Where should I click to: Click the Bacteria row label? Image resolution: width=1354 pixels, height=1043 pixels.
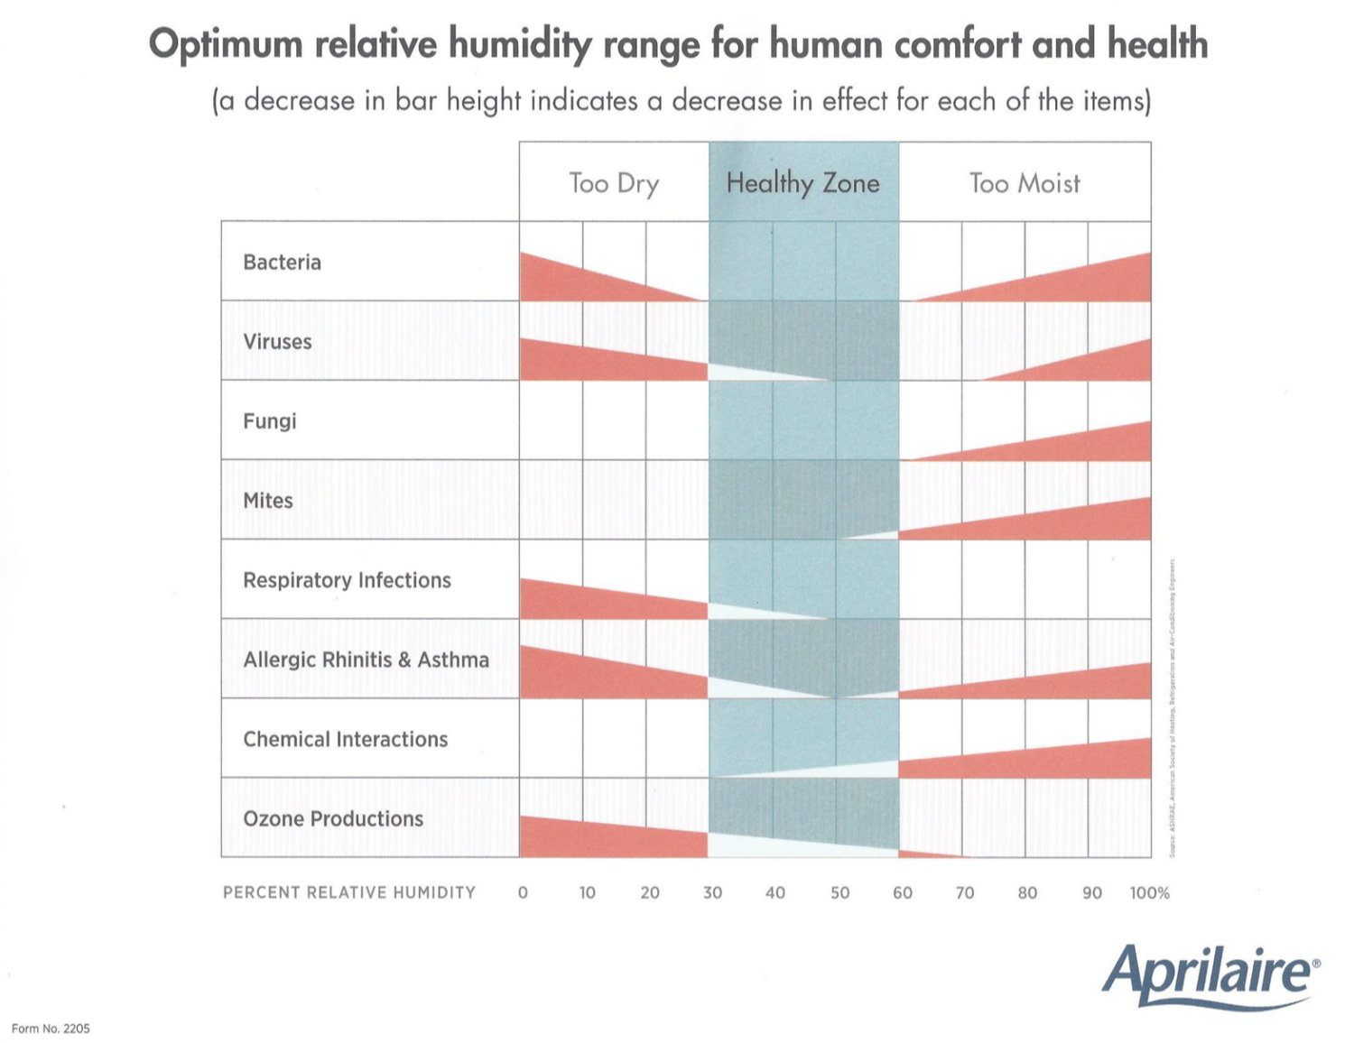coord(282,263)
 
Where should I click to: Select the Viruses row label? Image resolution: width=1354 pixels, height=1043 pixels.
coord(277,342)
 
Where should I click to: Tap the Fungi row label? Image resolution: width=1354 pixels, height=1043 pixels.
coord(269,421)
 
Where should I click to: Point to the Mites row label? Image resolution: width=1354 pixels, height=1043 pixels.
coord(268,501)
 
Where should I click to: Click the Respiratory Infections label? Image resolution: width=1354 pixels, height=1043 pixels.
coord(347,580)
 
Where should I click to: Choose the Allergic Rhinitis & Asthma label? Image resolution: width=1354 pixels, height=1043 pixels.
coord(366,660)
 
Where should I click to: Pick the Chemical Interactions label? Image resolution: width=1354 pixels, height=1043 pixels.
coord(345,739)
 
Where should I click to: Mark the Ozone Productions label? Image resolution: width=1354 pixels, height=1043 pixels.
coord(333,818)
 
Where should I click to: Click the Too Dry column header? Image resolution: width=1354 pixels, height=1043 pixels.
coord(614,183)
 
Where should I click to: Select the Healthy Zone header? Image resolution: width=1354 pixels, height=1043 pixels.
coord(802,183)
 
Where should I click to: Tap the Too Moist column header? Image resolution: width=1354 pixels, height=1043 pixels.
coord(1025,183)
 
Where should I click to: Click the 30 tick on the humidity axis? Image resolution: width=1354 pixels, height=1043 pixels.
coord(712,892)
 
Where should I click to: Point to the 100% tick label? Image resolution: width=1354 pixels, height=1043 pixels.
coord(1149,892)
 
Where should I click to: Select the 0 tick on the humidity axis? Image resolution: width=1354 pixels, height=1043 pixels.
coord(523,892)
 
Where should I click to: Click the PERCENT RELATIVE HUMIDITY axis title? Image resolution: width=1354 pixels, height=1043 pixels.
coord(348,892)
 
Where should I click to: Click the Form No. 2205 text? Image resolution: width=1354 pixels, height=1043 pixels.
coord(51,1029)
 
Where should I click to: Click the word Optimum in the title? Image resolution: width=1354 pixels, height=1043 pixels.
coord(226,44)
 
